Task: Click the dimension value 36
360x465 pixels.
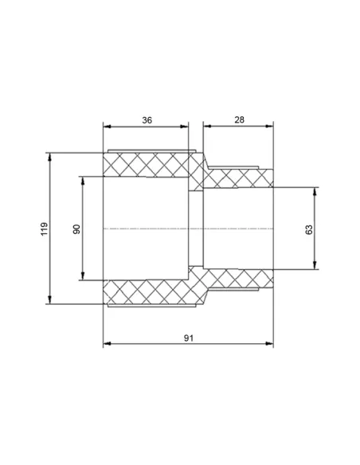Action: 147,120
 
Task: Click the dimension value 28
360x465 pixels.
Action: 239,119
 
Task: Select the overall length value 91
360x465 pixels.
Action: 189,338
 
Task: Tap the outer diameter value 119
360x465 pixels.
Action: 44,229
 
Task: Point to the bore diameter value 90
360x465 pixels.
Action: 76,229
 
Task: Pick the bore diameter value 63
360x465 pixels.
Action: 309,229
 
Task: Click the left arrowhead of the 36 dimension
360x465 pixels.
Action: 107,127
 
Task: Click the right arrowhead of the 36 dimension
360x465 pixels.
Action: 185,127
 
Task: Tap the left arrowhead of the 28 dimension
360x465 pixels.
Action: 207,126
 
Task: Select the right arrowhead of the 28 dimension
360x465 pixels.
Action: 269,126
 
